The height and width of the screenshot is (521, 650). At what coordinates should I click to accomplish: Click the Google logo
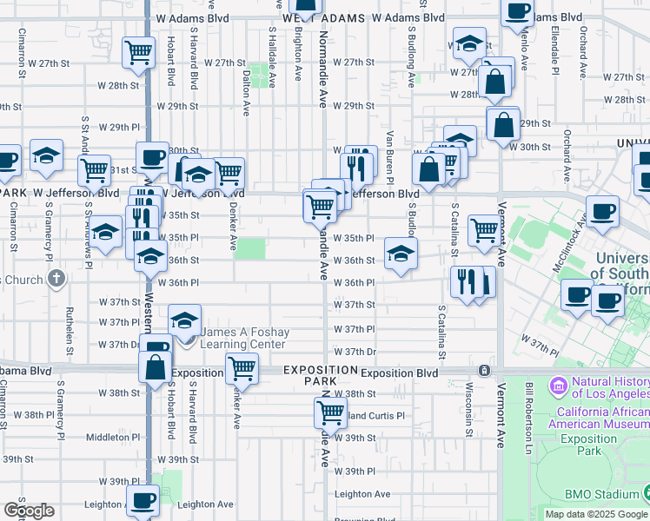29,511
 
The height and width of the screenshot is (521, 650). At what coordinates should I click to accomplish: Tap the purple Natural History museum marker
557,384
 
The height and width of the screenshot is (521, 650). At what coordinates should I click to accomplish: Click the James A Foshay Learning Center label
243,339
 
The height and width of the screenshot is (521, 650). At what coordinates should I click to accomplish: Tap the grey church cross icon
57,279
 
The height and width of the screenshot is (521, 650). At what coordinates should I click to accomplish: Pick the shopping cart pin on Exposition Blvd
242,368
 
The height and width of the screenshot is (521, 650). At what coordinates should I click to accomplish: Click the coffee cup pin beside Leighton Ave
143,500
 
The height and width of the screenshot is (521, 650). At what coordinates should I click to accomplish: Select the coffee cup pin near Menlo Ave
518,12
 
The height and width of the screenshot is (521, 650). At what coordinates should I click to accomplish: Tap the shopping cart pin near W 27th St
139,53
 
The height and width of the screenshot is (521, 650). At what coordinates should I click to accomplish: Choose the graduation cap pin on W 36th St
401,254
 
